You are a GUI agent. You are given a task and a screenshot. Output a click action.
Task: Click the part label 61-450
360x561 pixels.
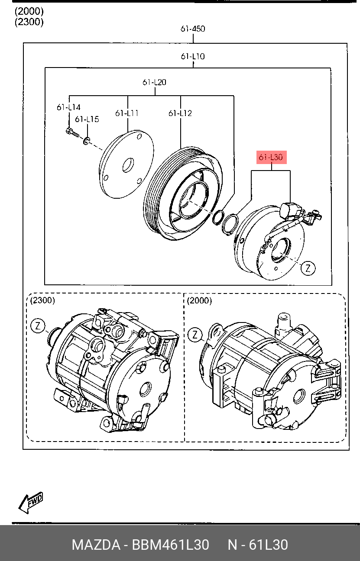pos(193,29)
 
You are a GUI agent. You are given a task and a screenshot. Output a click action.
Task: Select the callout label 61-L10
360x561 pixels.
pos(193,56)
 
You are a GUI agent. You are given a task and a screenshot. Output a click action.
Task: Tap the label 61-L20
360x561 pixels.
pos(154,82)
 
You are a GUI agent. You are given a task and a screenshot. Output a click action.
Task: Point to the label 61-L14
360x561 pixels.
pos(68,107)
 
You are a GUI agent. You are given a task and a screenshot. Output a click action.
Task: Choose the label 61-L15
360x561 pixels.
pos(87,119)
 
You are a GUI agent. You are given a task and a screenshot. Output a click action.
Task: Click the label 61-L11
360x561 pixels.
pos(127,113)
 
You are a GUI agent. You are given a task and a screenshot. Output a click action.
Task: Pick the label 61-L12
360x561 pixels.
pos(180,113)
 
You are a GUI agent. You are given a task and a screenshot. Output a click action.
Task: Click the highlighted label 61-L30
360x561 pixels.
pos(271,157)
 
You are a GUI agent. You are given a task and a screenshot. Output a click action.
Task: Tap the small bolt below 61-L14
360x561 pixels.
pos(72,133)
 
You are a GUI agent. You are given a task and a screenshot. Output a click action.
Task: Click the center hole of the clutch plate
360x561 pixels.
pos(128,165)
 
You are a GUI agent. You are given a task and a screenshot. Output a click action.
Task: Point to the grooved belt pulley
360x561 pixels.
pos(183,193)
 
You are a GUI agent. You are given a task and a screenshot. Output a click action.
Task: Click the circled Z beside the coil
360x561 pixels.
pos(308,268)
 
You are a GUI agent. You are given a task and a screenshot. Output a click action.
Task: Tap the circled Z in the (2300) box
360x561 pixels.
pos(38,326)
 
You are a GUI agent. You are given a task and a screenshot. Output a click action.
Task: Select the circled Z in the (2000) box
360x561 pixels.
pos(195,335)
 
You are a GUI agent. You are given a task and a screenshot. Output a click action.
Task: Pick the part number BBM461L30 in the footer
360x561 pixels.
pos(171,545)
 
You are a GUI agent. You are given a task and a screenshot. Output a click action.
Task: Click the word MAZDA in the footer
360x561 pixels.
pos(96,545)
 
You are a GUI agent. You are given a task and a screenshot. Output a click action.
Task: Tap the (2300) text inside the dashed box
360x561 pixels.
pos(42,300)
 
